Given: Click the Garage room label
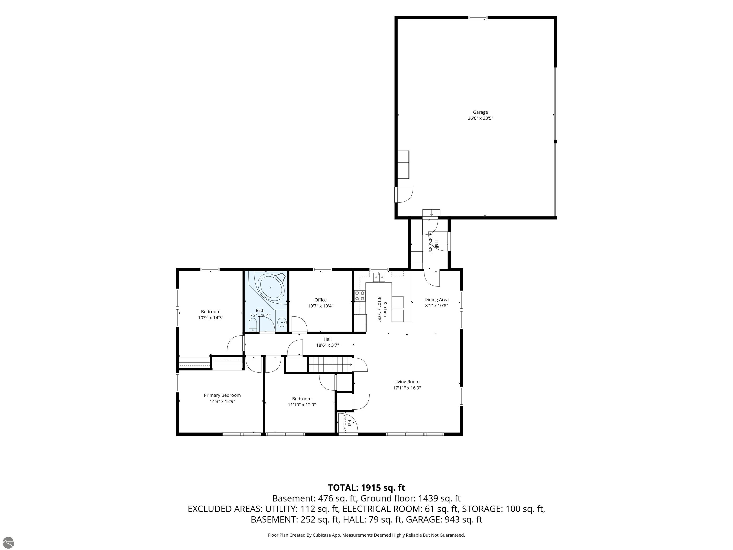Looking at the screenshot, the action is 480,112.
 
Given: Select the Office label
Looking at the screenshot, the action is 320,300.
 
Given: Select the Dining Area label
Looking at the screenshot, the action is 436,300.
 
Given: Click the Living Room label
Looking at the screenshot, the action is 407,381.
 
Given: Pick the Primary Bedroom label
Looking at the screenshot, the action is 222,395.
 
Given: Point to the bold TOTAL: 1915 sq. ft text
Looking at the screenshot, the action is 366,488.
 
